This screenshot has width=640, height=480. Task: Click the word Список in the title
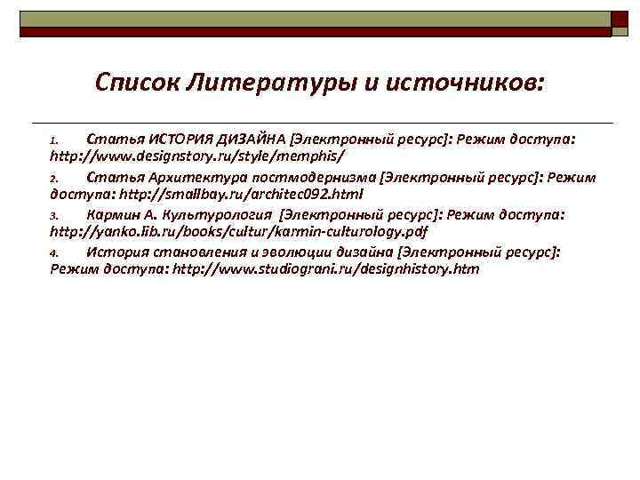point(137,84)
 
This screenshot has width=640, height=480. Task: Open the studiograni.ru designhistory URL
point(325,268)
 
